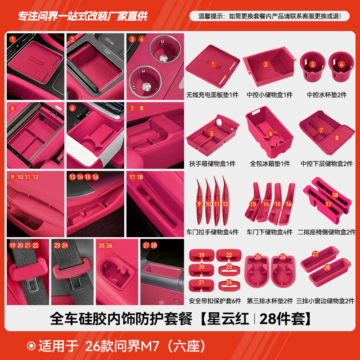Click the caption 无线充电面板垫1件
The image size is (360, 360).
212,95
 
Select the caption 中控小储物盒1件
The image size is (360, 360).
269,95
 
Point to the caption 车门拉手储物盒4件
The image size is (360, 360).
212,232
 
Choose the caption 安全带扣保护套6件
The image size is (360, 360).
212,301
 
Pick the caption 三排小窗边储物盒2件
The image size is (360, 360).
325,301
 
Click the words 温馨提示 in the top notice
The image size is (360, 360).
212,16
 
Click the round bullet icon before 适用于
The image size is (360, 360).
31,346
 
